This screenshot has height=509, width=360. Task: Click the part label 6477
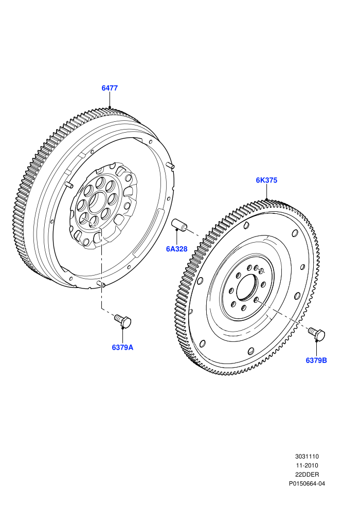[x=110, y=88]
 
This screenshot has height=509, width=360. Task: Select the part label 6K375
[x=266, y=180]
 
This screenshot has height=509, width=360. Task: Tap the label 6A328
[x=177, y=249]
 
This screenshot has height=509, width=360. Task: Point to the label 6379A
[x=123, y=348]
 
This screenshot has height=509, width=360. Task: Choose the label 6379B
[x=316, y=360]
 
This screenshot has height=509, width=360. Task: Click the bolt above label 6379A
[x=123, y=320]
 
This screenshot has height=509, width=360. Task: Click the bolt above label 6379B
[x=317, y=334]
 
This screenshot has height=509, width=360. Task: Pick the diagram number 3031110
[x=307, y=457]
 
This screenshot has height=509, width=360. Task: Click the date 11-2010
[x=307, y=465]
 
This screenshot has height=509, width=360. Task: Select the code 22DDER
[x=307, y=475]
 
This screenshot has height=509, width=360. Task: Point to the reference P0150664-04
[x=307, y=484]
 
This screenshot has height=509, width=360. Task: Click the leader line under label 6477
[x=110, y=100]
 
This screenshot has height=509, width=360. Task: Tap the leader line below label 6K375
[x=266, y=192]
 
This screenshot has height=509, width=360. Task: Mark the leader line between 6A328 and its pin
[x=177, y=238]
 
